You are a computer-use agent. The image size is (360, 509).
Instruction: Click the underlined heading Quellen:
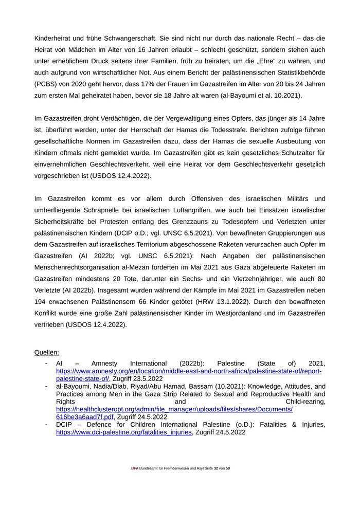coord(47,352)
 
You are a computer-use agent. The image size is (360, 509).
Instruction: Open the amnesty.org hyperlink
coord(189,371)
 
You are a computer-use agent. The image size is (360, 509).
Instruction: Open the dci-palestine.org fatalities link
coord(124,432)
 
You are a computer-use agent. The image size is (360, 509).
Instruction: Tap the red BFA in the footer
coord(135,468)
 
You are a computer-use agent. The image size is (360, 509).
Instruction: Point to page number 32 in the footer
coord(215,468)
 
